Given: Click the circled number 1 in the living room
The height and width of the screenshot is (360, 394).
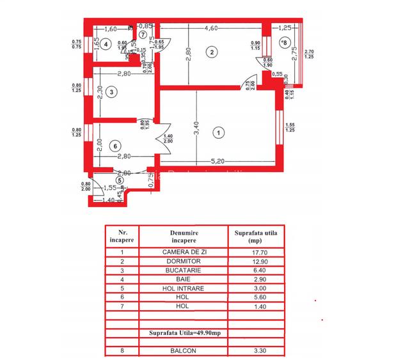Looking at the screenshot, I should click(x=219, y=133).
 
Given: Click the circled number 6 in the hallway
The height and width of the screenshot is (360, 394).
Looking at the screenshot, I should click(x=114, y=146).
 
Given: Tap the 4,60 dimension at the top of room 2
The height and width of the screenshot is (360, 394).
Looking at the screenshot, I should click(x=212, y=28).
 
